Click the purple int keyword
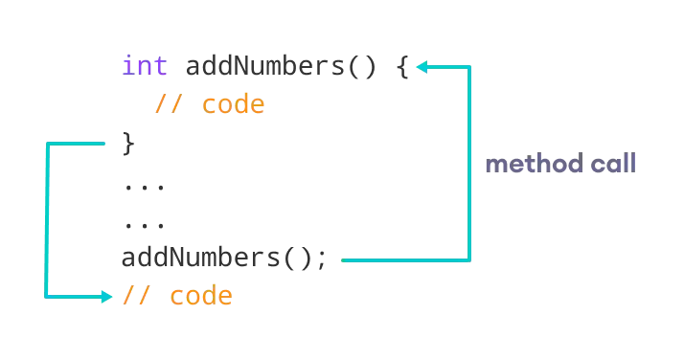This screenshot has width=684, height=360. click(x=145, y=66)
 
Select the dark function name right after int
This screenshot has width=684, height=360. click(x=267, y=67)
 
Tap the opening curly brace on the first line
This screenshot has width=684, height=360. click(x=403, y=68)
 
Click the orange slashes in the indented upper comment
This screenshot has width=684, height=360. click(x=168, y=103)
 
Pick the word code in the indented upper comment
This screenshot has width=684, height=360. click(x=233, y=103)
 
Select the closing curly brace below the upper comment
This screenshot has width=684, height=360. click(x=131, y=144)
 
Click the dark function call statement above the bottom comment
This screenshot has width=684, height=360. click(x=224, y=259)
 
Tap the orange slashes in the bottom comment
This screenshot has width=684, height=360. click(x=136, y=296)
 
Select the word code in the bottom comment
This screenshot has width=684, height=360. click(x=201, y=296)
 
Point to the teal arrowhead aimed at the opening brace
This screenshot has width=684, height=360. click(x=422, y=67)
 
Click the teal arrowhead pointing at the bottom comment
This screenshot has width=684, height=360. click(x=108, y=297)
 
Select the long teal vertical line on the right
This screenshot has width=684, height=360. click(x=471, y=163)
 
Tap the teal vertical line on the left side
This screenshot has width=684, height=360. click(x=44, y=220)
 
